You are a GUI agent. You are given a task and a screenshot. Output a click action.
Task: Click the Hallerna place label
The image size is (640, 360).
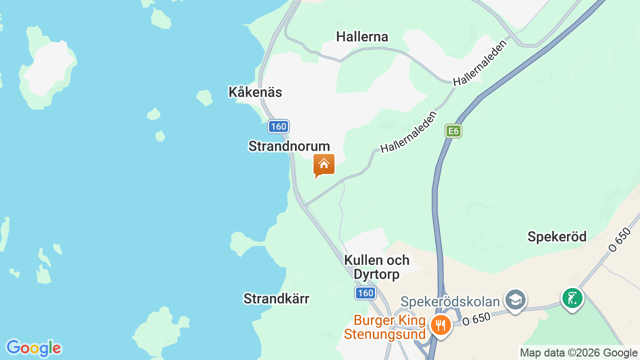click(362, 36)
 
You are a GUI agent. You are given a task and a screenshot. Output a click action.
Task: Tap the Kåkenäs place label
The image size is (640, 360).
click(255, 92)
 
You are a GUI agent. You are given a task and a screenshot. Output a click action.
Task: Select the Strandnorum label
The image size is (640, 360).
click(289, 146)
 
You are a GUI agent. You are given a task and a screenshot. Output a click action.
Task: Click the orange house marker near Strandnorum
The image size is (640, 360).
click(324, 164)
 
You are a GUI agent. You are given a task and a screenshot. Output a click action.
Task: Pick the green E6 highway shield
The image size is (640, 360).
click(453, 131)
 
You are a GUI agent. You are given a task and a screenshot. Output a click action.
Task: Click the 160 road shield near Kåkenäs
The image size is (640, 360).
click(278, 126)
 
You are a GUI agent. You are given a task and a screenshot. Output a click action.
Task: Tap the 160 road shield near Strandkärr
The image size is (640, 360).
click(365, 293)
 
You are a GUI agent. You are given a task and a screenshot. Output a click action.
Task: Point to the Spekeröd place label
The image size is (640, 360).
click(557, 236)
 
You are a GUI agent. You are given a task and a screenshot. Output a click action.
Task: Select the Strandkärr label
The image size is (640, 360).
click(276, 298)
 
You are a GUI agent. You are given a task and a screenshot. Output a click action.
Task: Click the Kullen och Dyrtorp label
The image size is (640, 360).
click(376, 267)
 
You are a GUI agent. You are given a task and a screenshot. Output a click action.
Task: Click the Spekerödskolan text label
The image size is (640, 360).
click(450, 302)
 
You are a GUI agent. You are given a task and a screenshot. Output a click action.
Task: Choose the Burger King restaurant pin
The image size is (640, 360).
click(440, 325)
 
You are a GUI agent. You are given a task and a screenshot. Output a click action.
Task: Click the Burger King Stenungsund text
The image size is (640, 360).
click(389, 327)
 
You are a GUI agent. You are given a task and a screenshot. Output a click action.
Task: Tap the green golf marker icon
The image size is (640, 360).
click(572, 298)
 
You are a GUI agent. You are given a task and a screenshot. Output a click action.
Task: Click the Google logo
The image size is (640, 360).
click(33, 348)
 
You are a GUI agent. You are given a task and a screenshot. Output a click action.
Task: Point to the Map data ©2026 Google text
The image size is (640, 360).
click(578, 352)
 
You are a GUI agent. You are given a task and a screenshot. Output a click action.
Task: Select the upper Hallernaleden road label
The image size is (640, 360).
click(479, 63)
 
